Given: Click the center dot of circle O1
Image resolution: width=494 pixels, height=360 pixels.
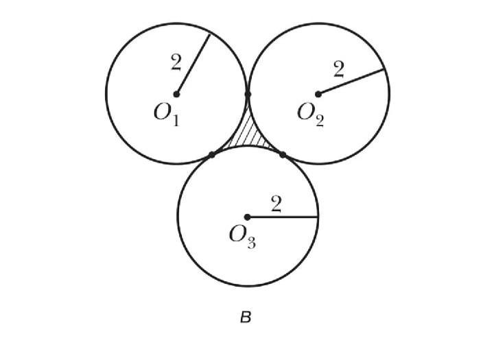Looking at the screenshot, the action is [176, 94].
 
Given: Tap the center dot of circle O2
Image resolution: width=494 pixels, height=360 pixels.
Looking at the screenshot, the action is [318, 94].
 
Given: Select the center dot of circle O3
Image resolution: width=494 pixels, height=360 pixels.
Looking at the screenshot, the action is [247, 217].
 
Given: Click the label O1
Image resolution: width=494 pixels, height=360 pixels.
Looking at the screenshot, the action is [166, 114].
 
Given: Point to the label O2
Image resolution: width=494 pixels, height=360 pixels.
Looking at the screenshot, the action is [310, 113].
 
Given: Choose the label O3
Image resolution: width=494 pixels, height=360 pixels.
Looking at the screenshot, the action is [242, 237].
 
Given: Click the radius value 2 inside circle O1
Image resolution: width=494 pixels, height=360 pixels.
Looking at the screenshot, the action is [176, 64].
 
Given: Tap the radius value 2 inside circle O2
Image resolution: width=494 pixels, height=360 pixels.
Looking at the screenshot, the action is [338, 69].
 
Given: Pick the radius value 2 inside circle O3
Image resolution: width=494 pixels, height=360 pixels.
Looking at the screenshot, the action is [276, 204].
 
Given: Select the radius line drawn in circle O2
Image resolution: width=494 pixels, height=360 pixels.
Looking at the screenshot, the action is [351, 82].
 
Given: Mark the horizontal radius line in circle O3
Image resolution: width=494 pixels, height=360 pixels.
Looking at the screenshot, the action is [283, 217].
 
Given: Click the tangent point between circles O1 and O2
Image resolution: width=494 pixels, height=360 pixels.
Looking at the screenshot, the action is [248, 94].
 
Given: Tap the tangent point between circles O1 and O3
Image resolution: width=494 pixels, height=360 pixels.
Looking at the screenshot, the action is [212, 155].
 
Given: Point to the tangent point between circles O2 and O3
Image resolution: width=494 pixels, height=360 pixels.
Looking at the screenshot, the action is [283, 155].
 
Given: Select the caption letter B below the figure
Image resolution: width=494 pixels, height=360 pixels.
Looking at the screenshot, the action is [246, 317].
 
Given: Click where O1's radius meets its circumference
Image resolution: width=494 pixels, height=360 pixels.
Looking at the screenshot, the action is [209, 34].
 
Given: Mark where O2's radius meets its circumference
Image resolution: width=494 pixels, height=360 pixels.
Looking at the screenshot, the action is [384, 69].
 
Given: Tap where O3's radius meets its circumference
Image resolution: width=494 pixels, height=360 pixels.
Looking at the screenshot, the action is [318, 217].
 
